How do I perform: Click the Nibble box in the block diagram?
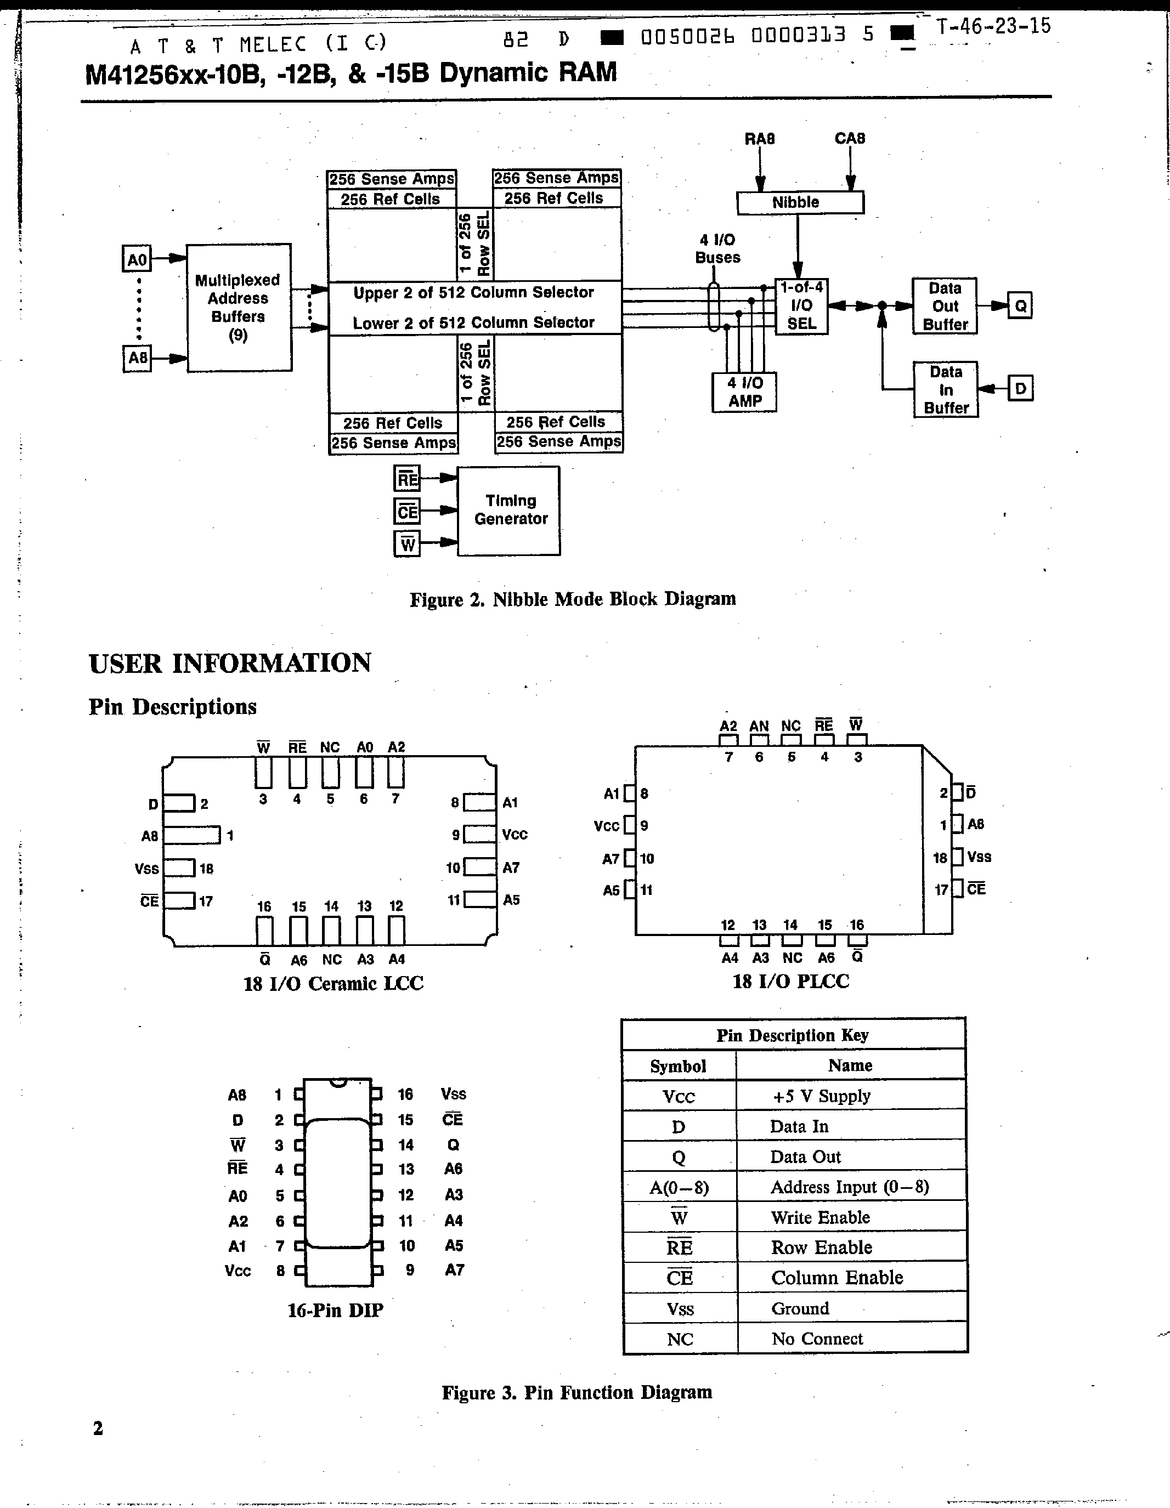(800, 202)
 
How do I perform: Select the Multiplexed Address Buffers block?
(238, 307)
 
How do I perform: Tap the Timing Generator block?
(509, 511)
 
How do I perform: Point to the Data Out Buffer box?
(944, 306)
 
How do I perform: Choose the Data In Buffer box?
(945, 389)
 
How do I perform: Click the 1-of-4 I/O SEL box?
(801, 306)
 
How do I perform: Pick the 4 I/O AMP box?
(744, 392)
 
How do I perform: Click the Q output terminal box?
(1020, 305)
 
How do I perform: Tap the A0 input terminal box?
(137, 259)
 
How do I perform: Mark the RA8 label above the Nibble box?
(759, 139)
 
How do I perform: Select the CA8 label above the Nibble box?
(850, 138)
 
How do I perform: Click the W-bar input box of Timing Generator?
(408, 544)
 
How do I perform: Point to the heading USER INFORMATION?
(230, 663)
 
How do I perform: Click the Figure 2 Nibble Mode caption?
(573, 599)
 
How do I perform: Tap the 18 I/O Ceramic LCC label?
(333, 983)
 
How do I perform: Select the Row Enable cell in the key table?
(821, 1247)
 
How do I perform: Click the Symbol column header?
(678, 1065)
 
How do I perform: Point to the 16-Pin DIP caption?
(335, 1310)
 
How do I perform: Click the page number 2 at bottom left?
(98, 1428)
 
